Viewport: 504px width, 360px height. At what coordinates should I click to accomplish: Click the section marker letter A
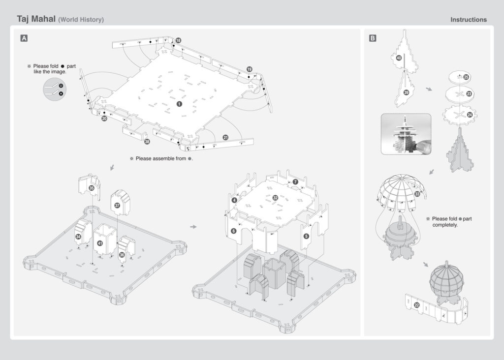(x=24, y=38)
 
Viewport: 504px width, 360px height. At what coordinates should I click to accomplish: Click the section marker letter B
(x=373, y=38)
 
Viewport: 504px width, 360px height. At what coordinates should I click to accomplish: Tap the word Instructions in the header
(x=469, y=20)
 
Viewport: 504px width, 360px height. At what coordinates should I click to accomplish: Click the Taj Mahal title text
(x=36, y=19)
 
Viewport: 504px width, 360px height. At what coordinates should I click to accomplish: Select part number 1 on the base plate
(x=180, y=104)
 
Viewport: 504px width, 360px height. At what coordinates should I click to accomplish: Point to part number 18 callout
(x=178, y=40)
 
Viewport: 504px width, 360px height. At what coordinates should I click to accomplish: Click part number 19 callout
(x=249, y=69)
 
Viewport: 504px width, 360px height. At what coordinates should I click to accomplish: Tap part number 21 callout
(x=226, y=138)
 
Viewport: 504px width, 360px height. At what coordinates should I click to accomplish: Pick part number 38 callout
(x=147, y=142)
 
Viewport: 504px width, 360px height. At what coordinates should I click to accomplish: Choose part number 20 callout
(x=104, y=119)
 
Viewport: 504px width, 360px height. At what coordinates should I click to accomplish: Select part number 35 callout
(x=92, y=188)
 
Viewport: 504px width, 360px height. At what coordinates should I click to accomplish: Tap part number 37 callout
(x=117, y=205)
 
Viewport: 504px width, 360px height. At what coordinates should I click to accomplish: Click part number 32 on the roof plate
(x=275, y=198)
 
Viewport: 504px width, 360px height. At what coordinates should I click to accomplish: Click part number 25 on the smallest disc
(x=466, y=77)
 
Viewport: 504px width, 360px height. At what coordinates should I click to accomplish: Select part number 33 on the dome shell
(x=417, y=194)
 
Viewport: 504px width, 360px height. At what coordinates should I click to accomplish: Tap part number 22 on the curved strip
(x=417, y=305)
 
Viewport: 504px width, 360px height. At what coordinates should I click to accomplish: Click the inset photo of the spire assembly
(x=406, y=134)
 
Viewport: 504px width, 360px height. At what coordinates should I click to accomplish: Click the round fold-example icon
(x=55, y=89)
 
